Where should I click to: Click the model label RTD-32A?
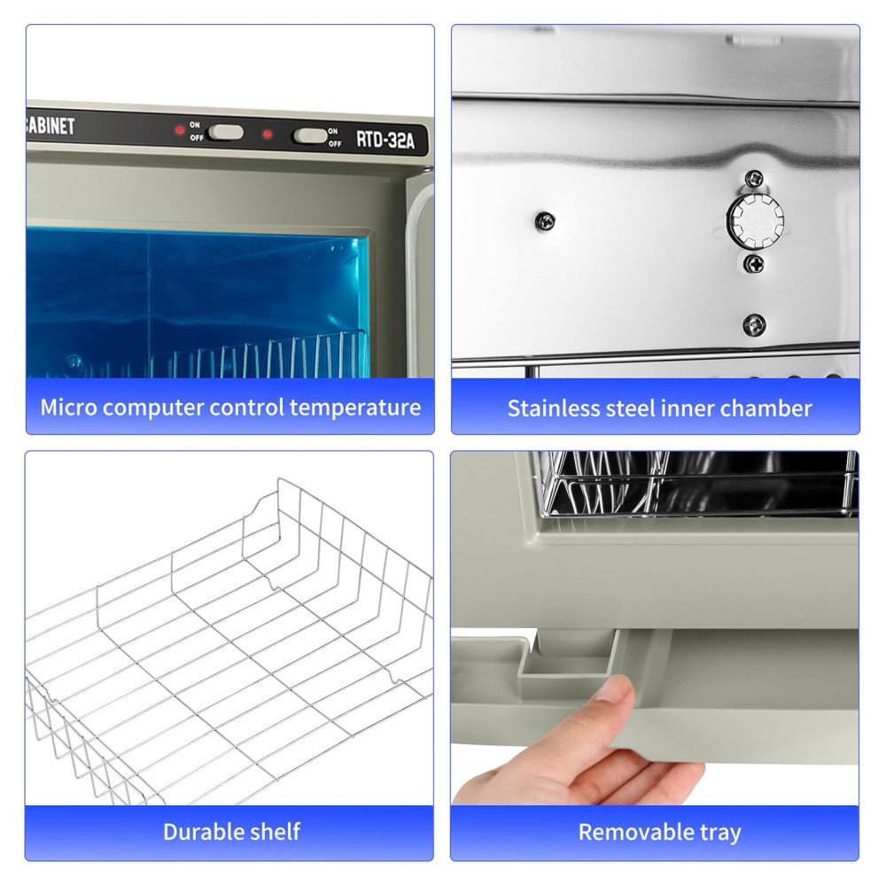[385, 140]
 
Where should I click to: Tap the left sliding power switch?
[225, 133]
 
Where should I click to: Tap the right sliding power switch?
[310, 136]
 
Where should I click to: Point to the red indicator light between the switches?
[268, 135]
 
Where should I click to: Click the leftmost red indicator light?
[180, 130]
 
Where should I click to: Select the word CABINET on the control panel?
[51, 126]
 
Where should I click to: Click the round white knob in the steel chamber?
[755, 221]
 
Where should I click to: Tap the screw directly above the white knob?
[754, 179]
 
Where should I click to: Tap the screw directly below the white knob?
[754, 263]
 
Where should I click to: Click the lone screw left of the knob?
[545, 221]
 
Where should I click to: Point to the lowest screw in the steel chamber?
[754, 324]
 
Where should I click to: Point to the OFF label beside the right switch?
[335, 144]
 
